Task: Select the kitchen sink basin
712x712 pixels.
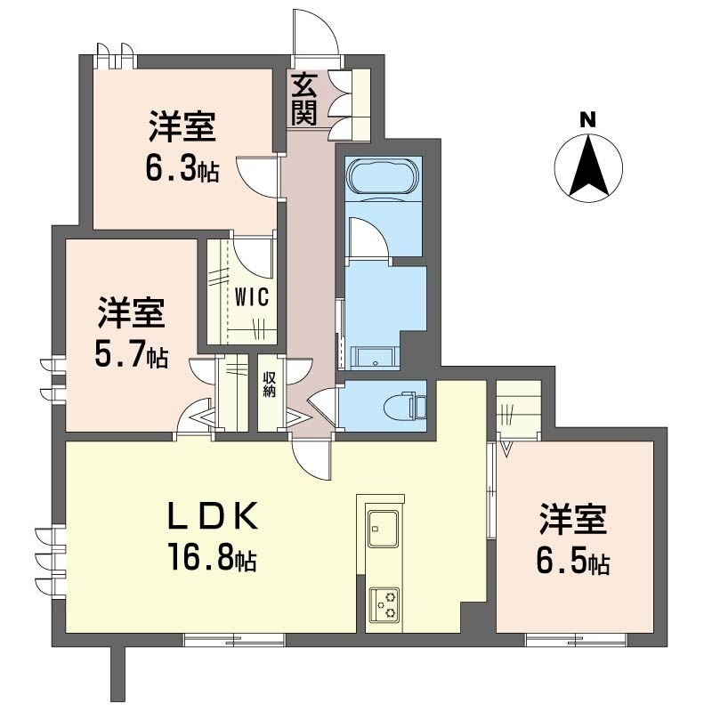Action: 384,529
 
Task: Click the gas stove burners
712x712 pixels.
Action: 384,605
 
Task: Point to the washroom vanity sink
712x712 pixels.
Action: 375,357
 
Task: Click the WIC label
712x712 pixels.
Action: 252,297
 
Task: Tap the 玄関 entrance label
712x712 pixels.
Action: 303,100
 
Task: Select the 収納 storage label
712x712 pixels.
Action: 270,384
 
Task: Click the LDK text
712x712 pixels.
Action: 214,516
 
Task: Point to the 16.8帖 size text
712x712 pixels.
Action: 213,557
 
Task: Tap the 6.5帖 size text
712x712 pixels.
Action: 573,561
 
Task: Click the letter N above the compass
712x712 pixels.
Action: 587,120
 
